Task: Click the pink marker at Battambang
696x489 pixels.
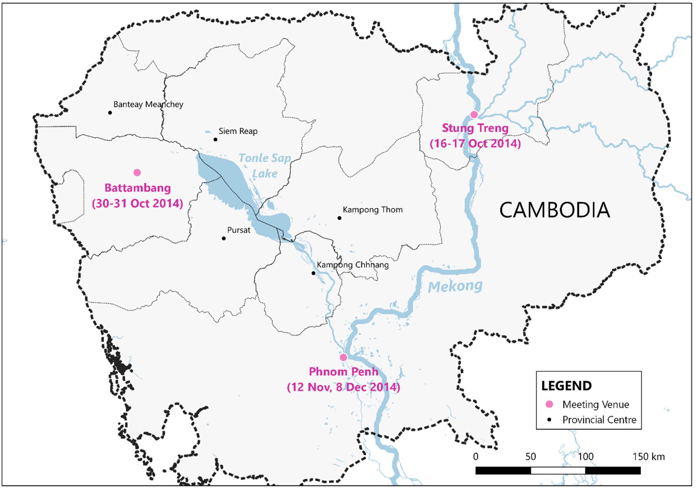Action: pos(137,172)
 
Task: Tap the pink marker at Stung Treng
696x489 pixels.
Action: pos(474,114)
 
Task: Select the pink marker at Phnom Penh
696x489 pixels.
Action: pos(343,357)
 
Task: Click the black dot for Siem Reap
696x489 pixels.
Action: pos(215,140)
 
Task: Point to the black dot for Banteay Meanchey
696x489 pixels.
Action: pos(110,113)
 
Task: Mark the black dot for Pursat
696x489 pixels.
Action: pos(224,238)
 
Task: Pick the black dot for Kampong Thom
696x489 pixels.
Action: pos(339,218)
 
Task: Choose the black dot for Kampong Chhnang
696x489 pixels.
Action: pos(314,273)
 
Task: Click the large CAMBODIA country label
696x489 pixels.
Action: pos(554,210)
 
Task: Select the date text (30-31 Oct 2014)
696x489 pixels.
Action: pos(137,203)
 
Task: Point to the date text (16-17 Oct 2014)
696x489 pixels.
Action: pos(475,144)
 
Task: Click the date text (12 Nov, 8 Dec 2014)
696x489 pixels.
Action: pos(343,387)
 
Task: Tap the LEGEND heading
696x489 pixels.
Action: pos(566,386)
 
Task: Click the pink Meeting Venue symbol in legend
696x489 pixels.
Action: pos(549,404)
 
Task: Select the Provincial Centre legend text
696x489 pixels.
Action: pos(599,420)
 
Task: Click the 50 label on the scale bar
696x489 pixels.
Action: pos(530,457)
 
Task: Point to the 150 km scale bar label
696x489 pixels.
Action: pos(648,457)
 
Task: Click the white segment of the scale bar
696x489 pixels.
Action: pos(558,471)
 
